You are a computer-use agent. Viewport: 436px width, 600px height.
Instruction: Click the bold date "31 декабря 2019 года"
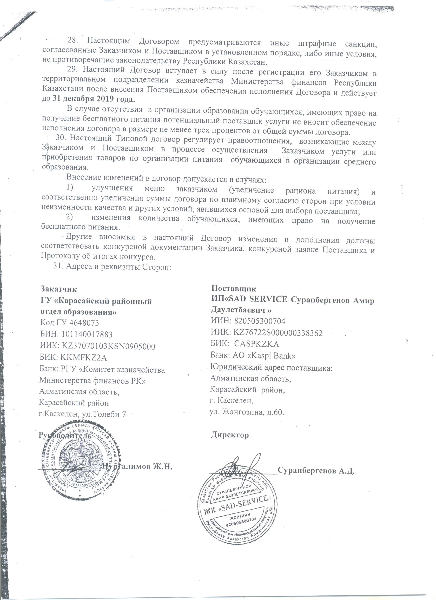(93, 99)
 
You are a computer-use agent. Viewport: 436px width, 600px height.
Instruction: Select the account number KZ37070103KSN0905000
(108, 346)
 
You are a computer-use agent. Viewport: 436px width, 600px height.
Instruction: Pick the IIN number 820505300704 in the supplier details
(259, 321)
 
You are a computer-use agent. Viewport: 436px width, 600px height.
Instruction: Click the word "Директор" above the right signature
(230, 435)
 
